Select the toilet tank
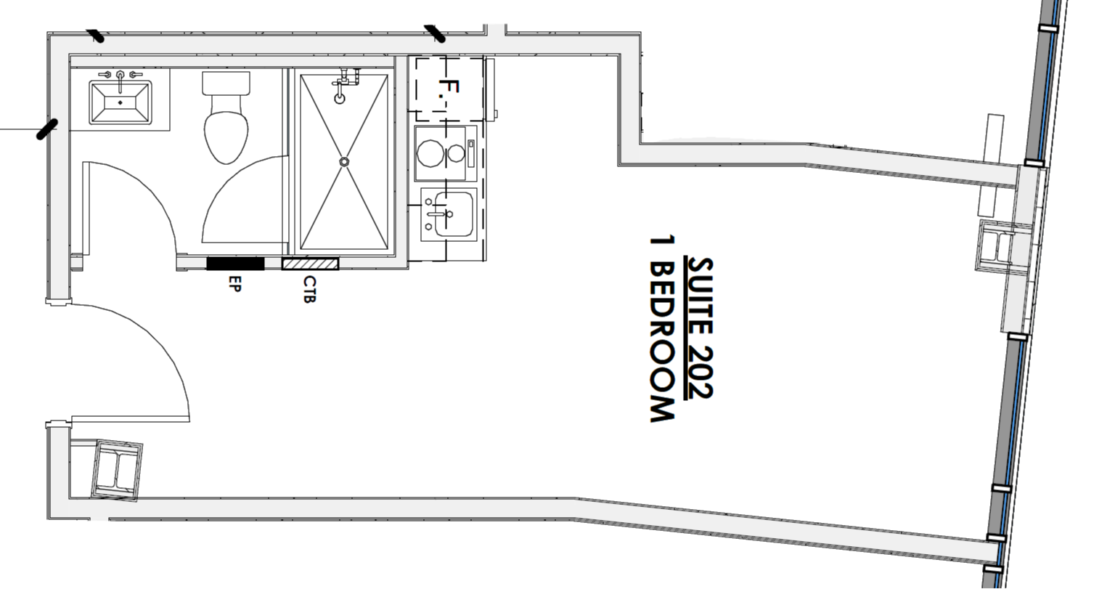pyautogui.click(x=226, y=84)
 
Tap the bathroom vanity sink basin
pyautogui.click(x=120, y=102)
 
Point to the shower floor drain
pyautogui.click(x=344, y=161)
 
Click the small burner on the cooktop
pyautogui.click(x=457, y=153)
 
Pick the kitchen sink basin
pyautogui.click(x=450, y=214)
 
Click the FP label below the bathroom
pyautogui.click(x=234, y=283)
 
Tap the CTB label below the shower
pyautogui.click(x=309, y=289)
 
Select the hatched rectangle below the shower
pyautogui.click(x=311, y=263)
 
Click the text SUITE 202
pyautogui.click(x=701, y=328)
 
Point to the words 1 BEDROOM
pyautogui.click(x=662, y=328)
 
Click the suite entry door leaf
pyautogui.click(x=131, y=419)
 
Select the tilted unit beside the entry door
pyautogui.click(x=116, y=468)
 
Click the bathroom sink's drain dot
pyautogui.click(x=120, y=103)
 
